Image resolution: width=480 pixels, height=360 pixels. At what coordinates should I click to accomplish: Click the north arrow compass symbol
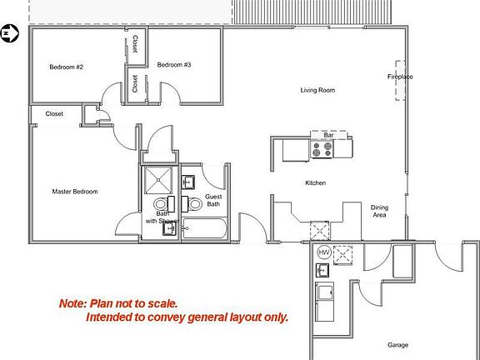10,33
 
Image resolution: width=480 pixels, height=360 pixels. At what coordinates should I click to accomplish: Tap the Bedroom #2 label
66,67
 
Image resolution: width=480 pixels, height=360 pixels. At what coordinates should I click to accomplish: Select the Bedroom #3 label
174,65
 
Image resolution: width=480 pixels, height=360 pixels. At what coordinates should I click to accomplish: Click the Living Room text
317,90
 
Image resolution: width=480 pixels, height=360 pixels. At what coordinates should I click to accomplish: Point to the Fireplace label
400,77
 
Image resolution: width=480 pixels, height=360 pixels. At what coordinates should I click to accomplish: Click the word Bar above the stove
328,134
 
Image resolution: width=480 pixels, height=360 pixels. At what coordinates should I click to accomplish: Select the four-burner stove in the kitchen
322,150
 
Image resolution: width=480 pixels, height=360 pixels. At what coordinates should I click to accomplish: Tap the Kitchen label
315,183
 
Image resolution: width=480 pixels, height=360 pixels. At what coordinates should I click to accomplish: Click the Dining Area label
379,211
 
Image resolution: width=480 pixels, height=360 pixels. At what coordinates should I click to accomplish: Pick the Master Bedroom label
75,192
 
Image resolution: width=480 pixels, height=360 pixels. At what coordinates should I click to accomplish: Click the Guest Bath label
213,201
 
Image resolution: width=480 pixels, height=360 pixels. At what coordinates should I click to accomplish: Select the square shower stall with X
156,179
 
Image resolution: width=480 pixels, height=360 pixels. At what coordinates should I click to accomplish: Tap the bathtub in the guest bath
204,227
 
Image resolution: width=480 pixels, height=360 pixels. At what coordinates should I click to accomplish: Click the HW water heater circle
323,252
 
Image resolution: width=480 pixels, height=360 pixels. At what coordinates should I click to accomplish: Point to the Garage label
397,344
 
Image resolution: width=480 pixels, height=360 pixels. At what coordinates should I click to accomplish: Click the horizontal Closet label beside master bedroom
54,114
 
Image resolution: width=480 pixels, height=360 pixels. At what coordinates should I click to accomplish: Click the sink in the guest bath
188,181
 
